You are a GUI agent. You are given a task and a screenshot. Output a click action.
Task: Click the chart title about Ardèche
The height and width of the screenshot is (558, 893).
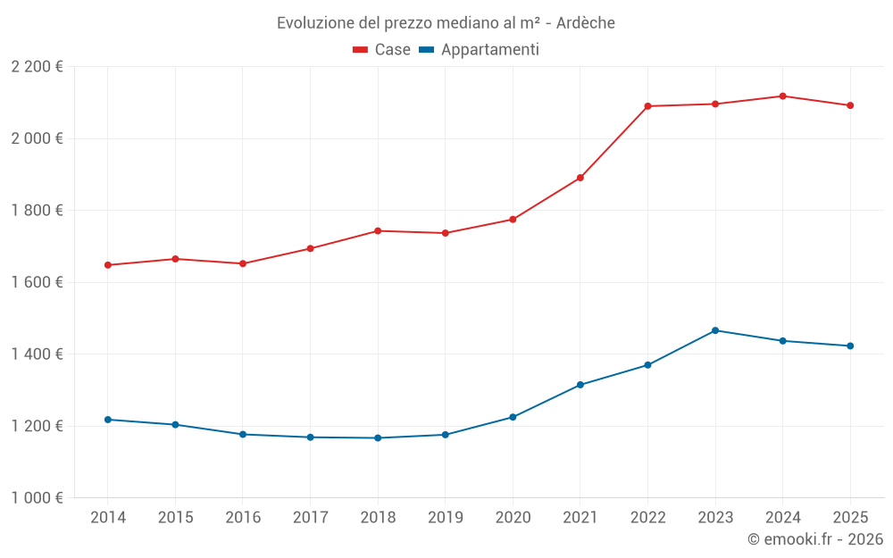pyautogui.click(x=446, y=22)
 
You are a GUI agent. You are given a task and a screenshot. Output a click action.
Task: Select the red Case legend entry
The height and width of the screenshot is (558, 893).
pyautogui.click(x=381, y=50)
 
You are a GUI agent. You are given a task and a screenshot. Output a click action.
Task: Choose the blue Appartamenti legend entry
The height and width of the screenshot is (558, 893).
pyautogui.click(x=479, y=50)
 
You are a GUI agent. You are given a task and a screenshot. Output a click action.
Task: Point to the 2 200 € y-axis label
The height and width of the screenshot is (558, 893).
pyautogui.click(x=38, y=67)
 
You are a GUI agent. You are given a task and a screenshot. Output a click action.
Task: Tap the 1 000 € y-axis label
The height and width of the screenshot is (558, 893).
pyautogui.click(x=38, y=498)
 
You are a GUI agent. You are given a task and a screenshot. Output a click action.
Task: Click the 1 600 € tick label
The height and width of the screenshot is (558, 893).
pyautogui.click(x=38, y=282)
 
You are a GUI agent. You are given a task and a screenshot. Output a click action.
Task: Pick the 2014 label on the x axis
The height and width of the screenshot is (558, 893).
pyautogui.click(x=108, y=518)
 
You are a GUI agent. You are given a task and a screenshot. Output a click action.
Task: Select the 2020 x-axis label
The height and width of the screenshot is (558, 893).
pyautogui.click(x=513, y=518)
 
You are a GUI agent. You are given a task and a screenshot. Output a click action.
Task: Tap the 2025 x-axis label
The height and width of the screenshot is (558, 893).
pyautogui.click(x=849, y=518)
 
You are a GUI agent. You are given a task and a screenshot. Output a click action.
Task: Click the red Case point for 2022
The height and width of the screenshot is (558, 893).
pyautogui.click(x=647, y=106)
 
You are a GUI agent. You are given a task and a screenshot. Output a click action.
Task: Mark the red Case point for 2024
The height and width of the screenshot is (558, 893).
pyautogui.click(x=782, y=96)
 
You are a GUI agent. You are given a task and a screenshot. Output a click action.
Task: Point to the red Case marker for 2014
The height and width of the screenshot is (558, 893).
pyautogui.click(x=108, y=265)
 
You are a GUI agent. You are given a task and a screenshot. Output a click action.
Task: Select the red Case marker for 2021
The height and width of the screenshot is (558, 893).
pyautogui.click(x=580, y=178)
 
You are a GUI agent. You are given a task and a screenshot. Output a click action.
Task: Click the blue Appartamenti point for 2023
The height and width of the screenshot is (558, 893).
pyautogui.click(x=715, y=330)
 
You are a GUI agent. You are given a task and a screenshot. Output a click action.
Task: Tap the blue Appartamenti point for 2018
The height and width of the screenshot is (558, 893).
pyautogui.click(x=378, y=438)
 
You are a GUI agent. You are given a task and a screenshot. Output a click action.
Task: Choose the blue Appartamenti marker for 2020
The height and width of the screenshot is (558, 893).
pyautogui.click(x=513, y=417)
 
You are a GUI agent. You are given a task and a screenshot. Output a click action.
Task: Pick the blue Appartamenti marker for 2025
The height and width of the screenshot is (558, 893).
pyautogui.click(x=850, y=346)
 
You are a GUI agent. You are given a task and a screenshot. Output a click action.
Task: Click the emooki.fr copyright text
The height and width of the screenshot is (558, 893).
pyautogui.click(x=815, y=539)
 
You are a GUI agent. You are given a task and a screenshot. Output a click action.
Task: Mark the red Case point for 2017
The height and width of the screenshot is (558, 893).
pyautogui.click(x=310, y=248)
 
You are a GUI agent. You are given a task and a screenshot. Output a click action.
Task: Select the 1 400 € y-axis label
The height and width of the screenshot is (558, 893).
pyautogui.click(x=38, y=354)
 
